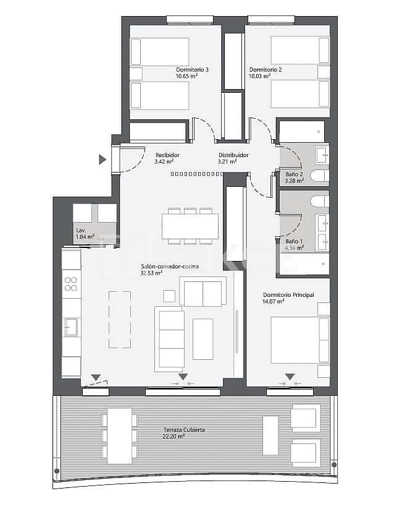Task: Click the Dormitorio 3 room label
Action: tap(192, 70)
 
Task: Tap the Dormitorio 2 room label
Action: tap(265, 70)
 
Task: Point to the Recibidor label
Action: tap(167, 155)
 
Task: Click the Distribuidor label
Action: tap(233, 155)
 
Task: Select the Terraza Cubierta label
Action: tap(184, 430)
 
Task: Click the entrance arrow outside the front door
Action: tap(102, 160)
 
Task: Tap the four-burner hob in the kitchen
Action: tap(71, 284)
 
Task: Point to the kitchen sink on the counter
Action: tap(70, 327)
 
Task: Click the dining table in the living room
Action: tap(190, 226)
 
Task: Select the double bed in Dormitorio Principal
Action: tap(299, 340)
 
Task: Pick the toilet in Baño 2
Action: tap(319, 176)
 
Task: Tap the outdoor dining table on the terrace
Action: tap(119, 436)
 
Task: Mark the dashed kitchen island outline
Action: tap(119, 320)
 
